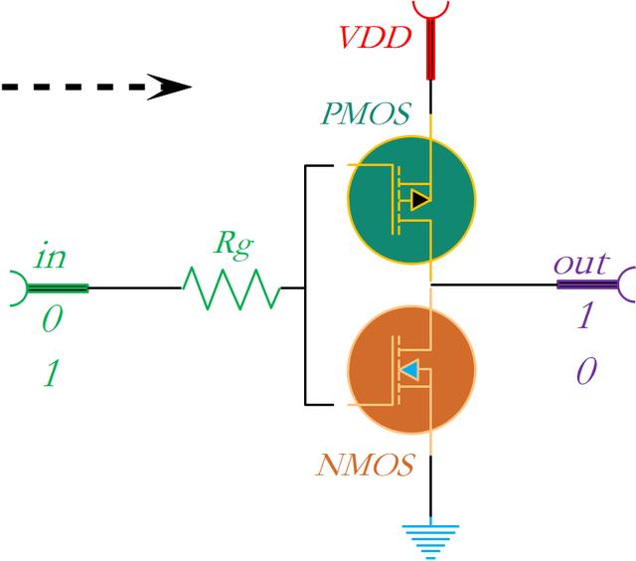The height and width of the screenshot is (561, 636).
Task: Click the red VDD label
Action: (x=376, y=39)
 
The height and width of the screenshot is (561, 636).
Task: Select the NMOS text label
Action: (x=365, y=465)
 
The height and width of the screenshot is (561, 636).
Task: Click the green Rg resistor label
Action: (x=236, y=244)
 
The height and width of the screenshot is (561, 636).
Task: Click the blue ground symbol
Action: (x=430, y=538)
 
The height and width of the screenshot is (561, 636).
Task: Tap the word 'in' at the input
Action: (x=51, y=258)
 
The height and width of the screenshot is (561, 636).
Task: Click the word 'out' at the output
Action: (x=580, y=264)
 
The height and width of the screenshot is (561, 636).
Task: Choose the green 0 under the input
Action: (x=51, y=320)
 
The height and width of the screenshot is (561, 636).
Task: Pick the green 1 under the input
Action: (x=51, y=374)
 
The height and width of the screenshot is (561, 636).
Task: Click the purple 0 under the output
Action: (x=585, y=372)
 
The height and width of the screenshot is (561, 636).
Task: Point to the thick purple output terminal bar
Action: (x=587, y=285)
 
